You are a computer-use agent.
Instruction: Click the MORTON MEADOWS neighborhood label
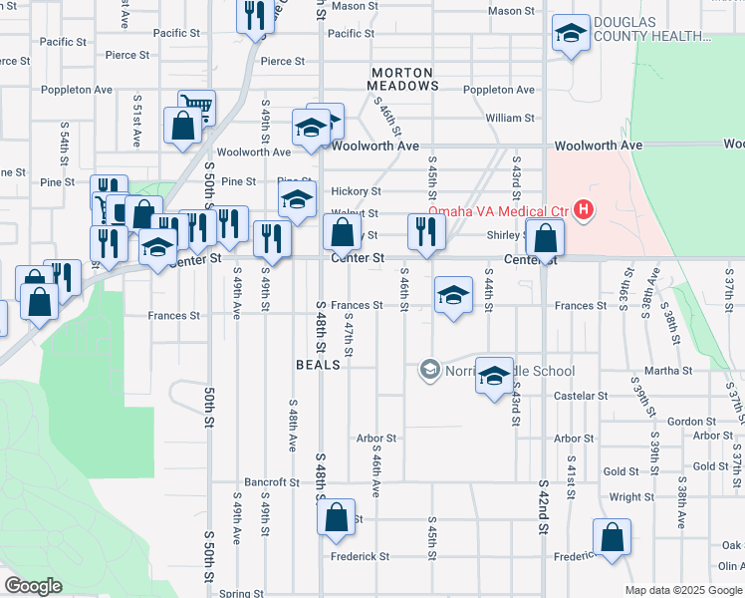404,80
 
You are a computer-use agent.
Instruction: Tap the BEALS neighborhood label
318,365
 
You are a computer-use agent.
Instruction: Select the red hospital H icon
584,210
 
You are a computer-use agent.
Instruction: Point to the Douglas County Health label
651,29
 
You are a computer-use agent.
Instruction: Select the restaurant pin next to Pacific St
255,16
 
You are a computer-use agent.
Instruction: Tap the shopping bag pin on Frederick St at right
612,538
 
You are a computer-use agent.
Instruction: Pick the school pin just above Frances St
453,295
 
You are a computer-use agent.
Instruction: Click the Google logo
33,586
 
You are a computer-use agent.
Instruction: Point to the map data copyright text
683,590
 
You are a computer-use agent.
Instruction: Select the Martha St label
668,371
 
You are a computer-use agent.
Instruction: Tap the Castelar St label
581,396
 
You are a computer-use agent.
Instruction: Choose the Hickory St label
357,191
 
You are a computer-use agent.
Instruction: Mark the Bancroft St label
272,482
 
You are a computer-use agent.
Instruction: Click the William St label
511,118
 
